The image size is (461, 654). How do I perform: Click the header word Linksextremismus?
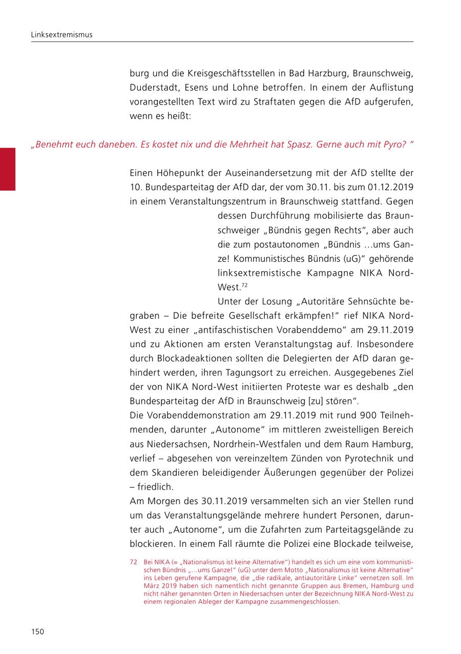click(x=61, y=35)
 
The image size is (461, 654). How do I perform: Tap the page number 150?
click(x=37, y=631)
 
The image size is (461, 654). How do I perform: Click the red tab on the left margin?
click(x=7, y=169)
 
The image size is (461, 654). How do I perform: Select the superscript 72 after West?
click(x=244, y=285)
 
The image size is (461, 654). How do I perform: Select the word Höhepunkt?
click(x=176, y=173)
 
